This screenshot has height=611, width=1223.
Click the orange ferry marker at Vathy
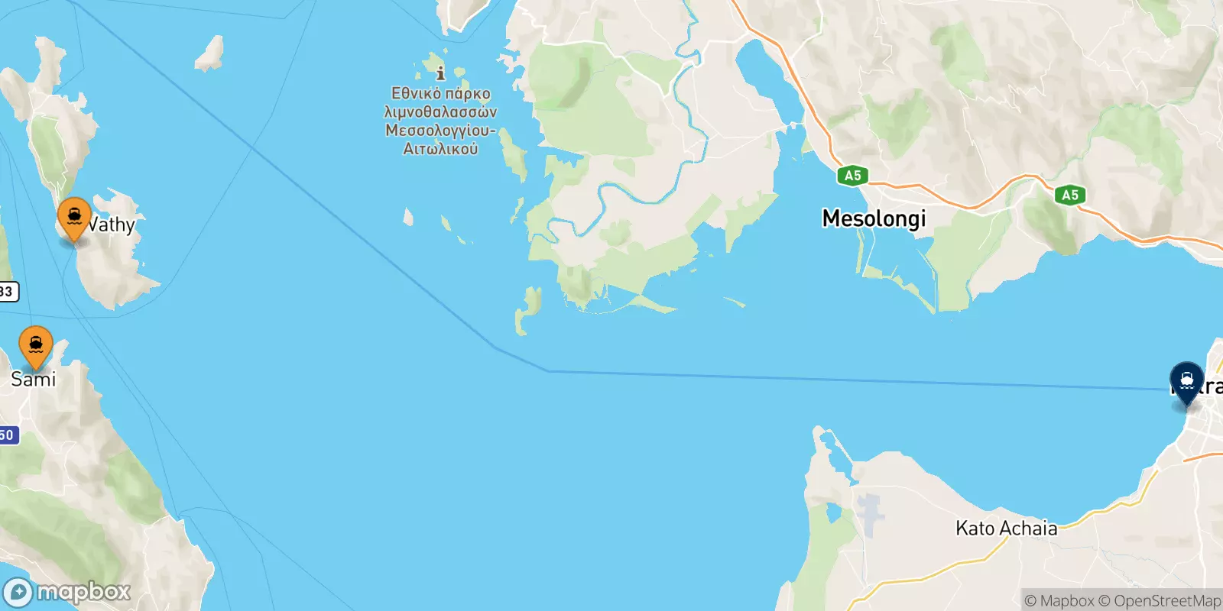(x=74, y=218)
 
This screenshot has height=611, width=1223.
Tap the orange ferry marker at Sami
(x=36, y=346)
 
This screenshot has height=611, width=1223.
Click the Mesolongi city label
(x=874, y=219)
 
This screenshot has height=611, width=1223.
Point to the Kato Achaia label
(x=1006, y=529)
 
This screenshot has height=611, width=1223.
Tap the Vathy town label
(x=112, y=225)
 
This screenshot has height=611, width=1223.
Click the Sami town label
(x=33, y=380)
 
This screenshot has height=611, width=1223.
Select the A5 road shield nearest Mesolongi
(x=852, y=176)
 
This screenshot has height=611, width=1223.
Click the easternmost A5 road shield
(x=1070, y=196)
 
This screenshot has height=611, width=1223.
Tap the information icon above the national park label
(x=440, y=74)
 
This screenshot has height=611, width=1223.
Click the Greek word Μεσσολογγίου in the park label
(x=440, y=131)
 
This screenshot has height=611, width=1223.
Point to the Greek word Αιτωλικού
(x=440, y=149)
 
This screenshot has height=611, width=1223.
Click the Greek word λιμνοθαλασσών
(x=440, y=112)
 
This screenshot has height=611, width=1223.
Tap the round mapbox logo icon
(x=18, y=593)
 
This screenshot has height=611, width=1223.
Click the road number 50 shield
(x=6, y=435)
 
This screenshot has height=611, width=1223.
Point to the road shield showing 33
(x=7, y=292)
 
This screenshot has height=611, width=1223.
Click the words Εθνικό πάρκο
(x=440, y=94)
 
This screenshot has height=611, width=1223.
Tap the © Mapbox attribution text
(x=1059, y=601)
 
